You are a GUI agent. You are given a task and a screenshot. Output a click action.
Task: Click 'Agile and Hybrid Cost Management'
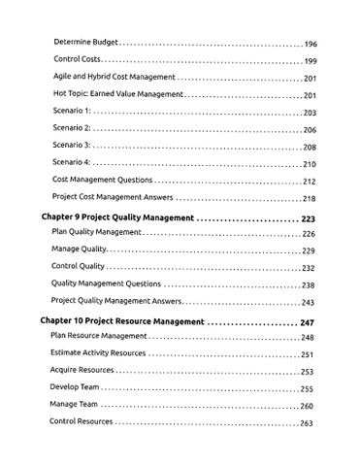pos(114,78)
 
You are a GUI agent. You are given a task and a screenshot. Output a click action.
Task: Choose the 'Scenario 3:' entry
pos(72,147)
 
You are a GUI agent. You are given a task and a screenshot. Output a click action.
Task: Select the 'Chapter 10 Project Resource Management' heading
pos(122,321)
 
